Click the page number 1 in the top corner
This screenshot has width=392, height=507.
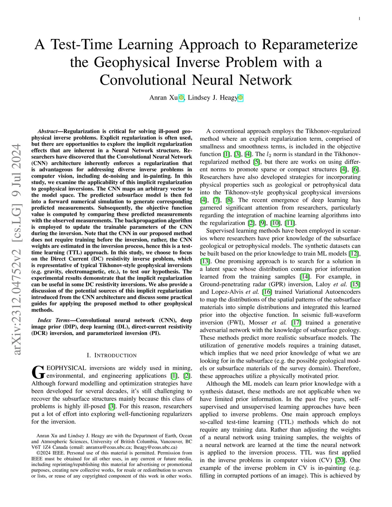(359, 19)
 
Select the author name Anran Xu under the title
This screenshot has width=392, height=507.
(163, 98)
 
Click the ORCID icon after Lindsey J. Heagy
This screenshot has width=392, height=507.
(240, 98)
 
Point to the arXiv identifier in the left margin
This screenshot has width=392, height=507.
(17, 249)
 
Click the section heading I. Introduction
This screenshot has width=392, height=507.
(112, 355)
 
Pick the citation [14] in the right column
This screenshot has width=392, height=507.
(305, 277)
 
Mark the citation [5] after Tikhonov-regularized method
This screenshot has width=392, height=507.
(256, 162)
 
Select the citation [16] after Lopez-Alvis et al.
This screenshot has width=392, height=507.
(267, 292)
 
